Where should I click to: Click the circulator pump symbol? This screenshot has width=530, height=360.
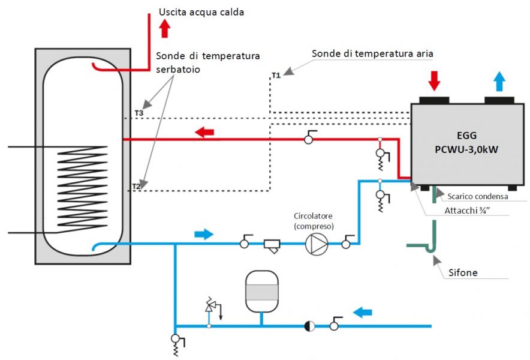317,244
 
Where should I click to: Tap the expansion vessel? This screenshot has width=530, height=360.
261,292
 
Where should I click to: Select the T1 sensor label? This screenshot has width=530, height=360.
276,75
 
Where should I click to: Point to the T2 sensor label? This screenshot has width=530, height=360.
136,187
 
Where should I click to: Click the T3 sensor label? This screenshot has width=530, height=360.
139,113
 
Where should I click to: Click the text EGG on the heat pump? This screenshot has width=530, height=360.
467,136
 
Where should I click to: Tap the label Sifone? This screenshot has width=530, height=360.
463,272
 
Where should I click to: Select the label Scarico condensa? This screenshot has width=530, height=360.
478,196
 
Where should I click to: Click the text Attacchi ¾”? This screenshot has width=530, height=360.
467,211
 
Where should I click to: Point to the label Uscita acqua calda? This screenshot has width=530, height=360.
201,12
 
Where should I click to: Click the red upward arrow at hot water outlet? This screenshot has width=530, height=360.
165,28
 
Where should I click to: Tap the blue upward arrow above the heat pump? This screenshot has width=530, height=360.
499,82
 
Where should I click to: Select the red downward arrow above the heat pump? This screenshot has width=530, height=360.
434,81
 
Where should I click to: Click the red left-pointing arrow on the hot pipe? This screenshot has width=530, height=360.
204,132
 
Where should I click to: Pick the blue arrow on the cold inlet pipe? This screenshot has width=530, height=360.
363,312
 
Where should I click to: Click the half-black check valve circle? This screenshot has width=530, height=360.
309,326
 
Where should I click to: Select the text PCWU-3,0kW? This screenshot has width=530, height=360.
466,149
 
